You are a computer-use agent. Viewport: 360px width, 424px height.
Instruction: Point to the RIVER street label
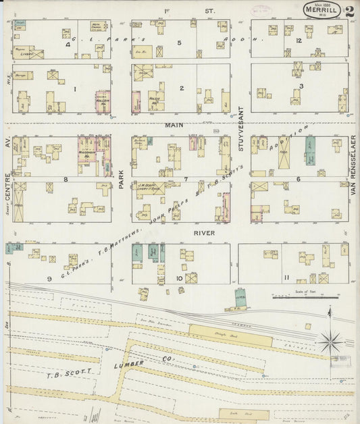point(203,233)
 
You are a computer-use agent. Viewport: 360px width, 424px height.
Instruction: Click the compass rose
point(330,341)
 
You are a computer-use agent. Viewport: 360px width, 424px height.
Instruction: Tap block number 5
point(179,43)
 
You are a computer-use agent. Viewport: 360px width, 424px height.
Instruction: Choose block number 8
point(65,180)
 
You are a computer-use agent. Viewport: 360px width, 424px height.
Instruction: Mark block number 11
point(286,277)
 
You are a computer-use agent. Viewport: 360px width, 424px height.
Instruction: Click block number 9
point(49,278)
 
